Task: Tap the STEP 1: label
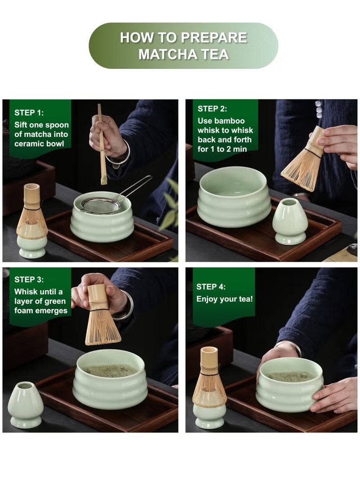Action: pyautogui.click(x=29, y=113)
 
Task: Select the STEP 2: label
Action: pyautogui.click(x=212, y=108)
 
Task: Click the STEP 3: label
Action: pyautogui.click(x=29, y=279)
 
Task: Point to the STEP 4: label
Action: pyautogui.click(x=211, y=287)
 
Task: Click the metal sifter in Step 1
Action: pyautogui.click(x=101, y=205)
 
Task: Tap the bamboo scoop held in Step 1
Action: pyautogui.click(x=102, y=144)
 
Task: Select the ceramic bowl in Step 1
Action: pyautogui.click(x=102, y=225)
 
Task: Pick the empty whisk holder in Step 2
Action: pyautogui.click(x=290, y=221)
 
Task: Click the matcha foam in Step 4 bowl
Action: pyautogui.click(x=290, y=376)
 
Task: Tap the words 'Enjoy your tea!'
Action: pyautogui.click(x=225, y=299)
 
